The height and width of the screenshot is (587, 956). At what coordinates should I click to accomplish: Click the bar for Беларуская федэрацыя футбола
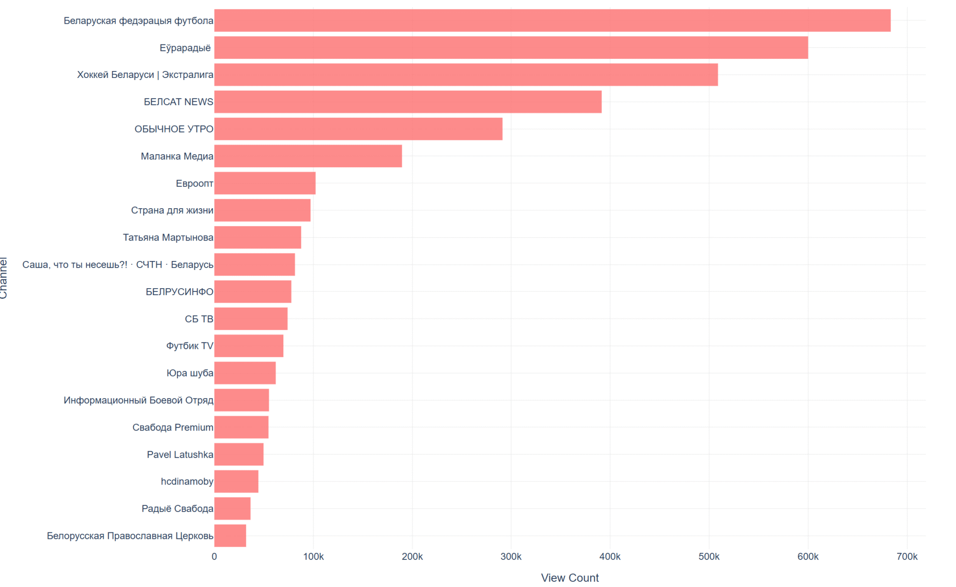pos(552,21)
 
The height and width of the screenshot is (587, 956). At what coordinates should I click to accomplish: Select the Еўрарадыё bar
pos(511,48)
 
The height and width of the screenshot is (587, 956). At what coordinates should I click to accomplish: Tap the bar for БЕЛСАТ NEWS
pos(408,102)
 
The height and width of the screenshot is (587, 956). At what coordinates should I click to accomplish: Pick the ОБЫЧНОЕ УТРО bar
pos(358,129)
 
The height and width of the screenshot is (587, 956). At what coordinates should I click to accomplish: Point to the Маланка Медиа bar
pos(308,156)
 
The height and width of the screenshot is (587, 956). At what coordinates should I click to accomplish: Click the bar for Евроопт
pos(265,183)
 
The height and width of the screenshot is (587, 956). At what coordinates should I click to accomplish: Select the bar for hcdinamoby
pos(236,481)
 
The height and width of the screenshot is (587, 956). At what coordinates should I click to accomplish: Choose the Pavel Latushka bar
pos(239,454)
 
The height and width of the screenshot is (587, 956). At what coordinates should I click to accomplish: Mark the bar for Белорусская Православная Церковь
pos(230,536)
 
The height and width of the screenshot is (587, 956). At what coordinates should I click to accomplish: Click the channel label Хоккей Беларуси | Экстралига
pos(145,75)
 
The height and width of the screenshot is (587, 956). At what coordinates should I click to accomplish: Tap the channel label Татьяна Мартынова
pos(168,237)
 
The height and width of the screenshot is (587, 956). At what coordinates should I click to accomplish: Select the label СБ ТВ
pos(199,319)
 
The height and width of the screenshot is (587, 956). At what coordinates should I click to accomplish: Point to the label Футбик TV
pos(190,346)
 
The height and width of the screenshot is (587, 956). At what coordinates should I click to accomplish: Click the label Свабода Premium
pos(173,427)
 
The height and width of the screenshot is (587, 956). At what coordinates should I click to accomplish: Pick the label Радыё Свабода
pos(177,509)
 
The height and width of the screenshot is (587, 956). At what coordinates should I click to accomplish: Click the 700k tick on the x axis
pos(907,557)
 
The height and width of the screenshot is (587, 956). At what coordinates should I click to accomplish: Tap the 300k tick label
pos(511,557)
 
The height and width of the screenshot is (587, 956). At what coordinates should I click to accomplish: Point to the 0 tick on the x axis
pos(214,557)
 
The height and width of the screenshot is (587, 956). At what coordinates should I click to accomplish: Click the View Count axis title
pos(569,578)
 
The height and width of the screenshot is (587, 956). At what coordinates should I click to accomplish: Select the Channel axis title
pos(4,278)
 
